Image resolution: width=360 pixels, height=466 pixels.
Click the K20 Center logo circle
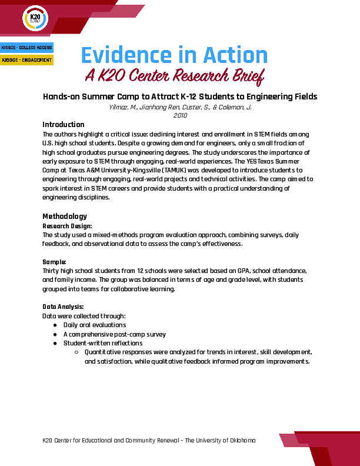tap(35, 19)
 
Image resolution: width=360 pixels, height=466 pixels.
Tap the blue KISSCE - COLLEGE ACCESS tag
tap(26, 47)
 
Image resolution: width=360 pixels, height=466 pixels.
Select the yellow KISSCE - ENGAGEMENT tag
tap(26, 59)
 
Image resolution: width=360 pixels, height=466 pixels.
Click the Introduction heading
tap(64, 125)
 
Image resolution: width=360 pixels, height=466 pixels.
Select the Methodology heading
tap(65, 216)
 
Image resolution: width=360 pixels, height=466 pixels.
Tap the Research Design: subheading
tap(67, 225)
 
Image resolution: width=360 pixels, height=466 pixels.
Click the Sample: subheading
tap(54, 261)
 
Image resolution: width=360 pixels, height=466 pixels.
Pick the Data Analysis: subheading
tap(64, 307)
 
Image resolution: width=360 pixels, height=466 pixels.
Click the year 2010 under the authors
tap(179, 116)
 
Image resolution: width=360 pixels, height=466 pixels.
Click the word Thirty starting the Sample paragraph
tap(52, 271)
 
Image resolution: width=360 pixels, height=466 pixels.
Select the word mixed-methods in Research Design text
tap(123, 234)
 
